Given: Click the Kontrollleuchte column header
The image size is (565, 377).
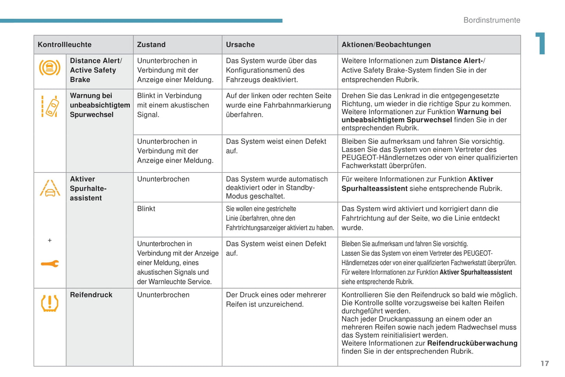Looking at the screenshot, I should pos(65,45).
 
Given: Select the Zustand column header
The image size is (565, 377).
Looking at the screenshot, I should pos(151,45).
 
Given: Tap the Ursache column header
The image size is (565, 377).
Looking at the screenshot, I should pos(240,45).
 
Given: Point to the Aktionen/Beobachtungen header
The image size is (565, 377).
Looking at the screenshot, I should pos(386,45).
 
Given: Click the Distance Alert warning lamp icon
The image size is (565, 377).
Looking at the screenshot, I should pos(50,68).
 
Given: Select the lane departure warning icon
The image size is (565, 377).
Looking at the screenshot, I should pos(50,106).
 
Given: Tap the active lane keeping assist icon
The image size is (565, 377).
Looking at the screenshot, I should pos(50,188).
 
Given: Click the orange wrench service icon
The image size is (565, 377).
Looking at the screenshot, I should pos(50,264).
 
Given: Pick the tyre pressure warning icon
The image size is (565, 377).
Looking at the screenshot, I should pos(50,303).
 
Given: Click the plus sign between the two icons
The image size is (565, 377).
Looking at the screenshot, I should pos(50,240).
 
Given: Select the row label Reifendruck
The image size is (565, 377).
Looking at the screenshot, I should pos(91,295).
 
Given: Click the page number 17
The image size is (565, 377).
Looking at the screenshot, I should pos(545,364).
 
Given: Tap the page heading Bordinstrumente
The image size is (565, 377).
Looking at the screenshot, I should pos(491,20).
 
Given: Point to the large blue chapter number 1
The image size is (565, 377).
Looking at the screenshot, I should pos(541,43).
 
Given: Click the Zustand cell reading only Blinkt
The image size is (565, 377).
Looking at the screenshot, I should pos(146,209).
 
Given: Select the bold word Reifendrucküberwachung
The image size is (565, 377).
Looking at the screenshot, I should pos(472,343).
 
